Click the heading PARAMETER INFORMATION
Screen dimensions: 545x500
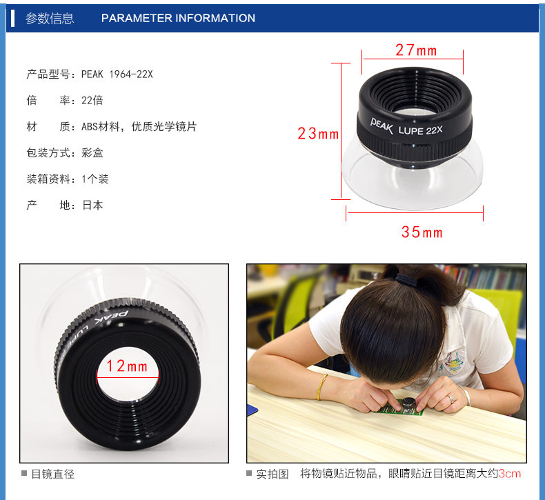coord(178,18)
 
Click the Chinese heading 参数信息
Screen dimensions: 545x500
coord(50,18)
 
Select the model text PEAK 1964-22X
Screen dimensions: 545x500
coord(117,74)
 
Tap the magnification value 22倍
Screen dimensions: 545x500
coord(92,100)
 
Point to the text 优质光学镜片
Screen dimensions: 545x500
coord(164,126)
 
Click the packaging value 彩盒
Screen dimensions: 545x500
coord(92,152)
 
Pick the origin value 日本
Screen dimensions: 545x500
coord(92,205)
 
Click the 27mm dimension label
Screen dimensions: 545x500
coord(416,50)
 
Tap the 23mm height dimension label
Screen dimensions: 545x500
coord(318,133)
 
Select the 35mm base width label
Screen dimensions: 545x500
coord(422,232)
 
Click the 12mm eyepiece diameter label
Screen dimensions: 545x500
coord(127,366)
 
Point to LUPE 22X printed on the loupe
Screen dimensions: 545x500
coord(421,130)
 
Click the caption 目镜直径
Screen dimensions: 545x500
coord(53,474)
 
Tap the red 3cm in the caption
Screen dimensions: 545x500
coord(510,473)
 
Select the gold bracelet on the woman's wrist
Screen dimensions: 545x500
coord(322,387)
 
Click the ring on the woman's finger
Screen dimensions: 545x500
coord(451,399)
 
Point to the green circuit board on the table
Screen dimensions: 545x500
coord(399,408)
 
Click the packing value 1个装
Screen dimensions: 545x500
coord(95,179)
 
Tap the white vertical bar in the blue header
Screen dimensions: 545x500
coord(12,19)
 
